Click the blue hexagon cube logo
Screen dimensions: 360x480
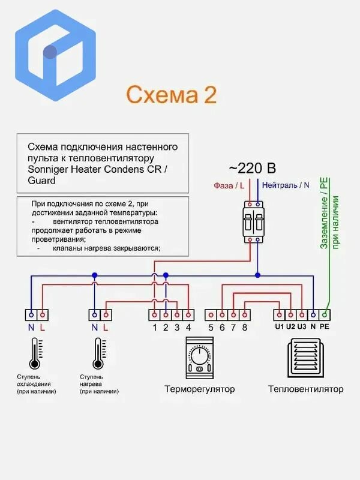pyautogui.click(x=55, y=55)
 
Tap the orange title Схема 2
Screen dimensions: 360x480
pyautogui.click(x=172, y=95)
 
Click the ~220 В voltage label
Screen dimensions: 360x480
pyautogui.click(x=252, y=168)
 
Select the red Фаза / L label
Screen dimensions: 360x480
pyautogui.click(x=229, y=185)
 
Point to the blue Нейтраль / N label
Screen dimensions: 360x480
pyautogui.click(x=286, y=185)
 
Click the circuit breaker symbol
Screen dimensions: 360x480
pyautogui.click(x=254, y=222)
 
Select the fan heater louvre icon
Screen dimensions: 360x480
pyautogui.click(x=304, y=358)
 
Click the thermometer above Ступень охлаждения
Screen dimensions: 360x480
pyautogui.click(x=35, y=353)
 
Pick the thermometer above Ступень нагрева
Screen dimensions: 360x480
pyautogui.click(x=98, y=353)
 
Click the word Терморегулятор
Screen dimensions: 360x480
pyautogui.click(x=200, y=389)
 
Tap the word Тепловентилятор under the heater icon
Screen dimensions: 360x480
pyautogui.click(x=305, y=389)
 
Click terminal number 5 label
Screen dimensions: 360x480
pyautogui.click(x=211, y=328)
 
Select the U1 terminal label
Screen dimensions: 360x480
pyautogui.click(x=279, y=326)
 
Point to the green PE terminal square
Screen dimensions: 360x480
pyautogui.click(x=325, y=314)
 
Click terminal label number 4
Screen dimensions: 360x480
pyautogui.click(x=188, y=328)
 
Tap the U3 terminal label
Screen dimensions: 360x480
pyautogui.click(x=302, y=326)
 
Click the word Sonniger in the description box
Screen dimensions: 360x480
pyautogui.click(x=48, y=170)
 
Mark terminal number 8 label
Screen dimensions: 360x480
pyautogui.click(x=245, y=328)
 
